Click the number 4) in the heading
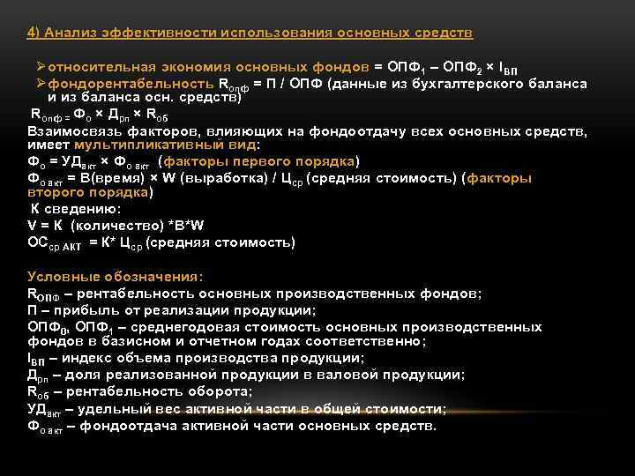click(x=34, y=33)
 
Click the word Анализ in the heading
click(x=74, y=33)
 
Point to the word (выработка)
click(x=222, y=177)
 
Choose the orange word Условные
click(x=63, y=276)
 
